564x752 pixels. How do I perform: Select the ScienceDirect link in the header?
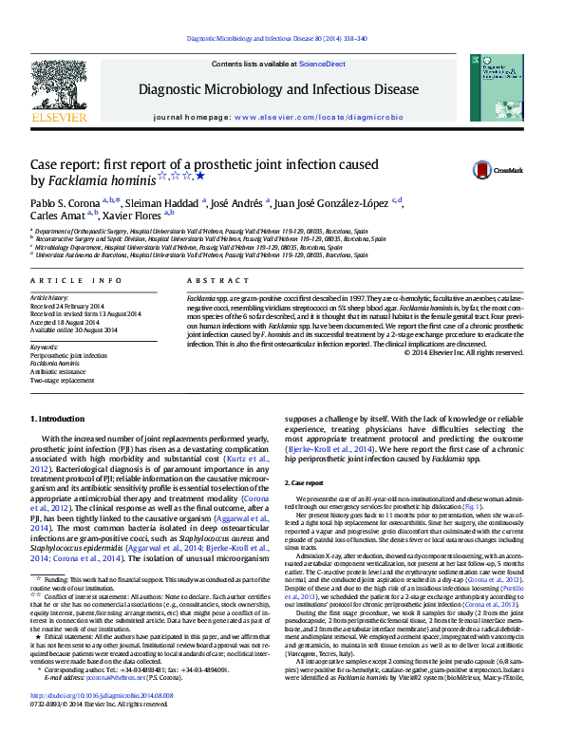point(321,64)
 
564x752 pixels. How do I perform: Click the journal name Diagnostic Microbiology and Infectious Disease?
point(280,89)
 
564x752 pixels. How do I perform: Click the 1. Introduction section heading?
point(60,420)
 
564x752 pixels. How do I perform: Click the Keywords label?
point(45,348)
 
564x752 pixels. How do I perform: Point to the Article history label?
point(50,298)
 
